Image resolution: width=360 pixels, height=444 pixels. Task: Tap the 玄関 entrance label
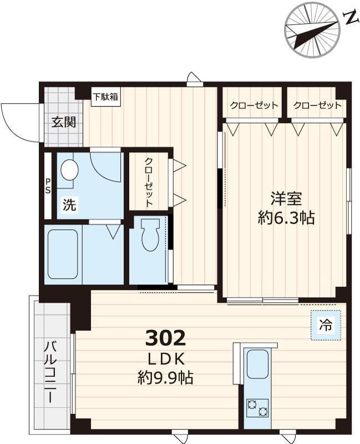point(64,123)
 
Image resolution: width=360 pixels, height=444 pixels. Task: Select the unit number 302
point(165,337)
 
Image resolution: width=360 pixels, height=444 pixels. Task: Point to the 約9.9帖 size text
point(165,379)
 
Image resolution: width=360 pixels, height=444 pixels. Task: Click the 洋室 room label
point(286,198)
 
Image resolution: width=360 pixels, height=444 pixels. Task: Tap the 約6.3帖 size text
point(286,218)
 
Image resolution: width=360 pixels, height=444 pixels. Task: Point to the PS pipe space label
point(48,186)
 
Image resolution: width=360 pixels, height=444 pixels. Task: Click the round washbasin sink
point(69,170)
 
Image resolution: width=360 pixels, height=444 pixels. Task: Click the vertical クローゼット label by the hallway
point(149,182)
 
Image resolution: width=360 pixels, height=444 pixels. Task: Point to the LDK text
point(165,358)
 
